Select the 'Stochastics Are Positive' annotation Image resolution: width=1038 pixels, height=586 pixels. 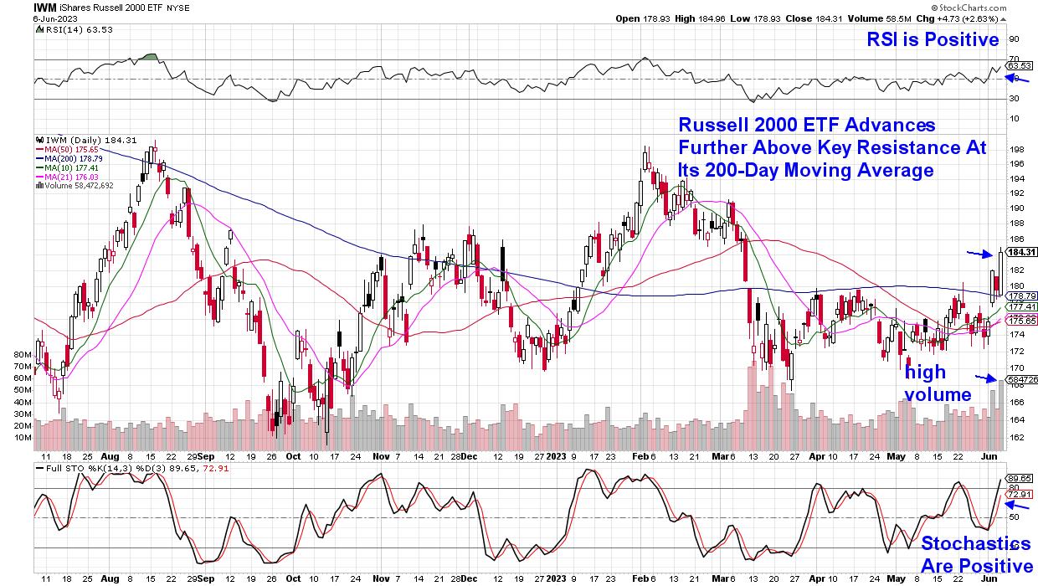[x=976, y=554]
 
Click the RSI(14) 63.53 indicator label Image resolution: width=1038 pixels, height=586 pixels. [x=76, y=30]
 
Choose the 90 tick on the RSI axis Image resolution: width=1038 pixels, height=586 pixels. [x=1014, y=39]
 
